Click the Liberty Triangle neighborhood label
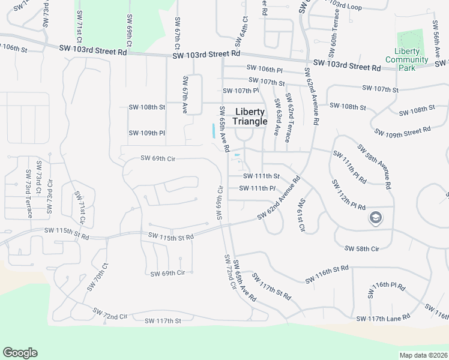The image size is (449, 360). click(x=250, y=117)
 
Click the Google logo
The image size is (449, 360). click(x=20, y=353)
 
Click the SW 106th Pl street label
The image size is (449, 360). click(x=264, y=70)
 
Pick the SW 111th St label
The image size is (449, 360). click(x=261, y=176)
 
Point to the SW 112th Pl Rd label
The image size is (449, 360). click(x=348, y=195)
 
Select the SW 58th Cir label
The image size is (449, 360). click(x=362, y=248)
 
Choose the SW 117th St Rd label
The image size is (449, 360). click(x=271, y=287)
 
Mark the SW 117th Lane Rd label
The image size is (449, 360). click(x=382, y=317)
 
